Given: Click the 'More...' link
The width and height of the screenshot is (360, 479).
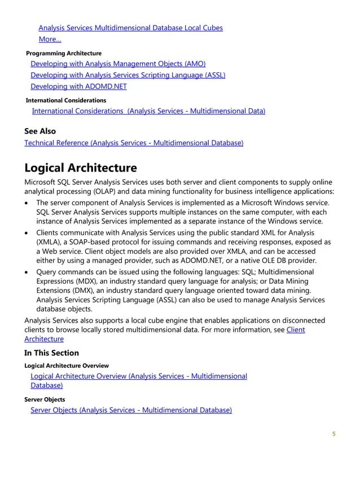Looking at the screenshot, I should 50,39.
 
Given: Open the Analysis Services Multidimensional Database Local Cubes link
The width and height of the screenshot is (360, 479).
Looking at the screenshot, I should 130,28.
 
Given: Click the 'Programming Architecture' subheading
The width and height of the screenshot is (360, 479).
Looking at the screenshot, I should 64,53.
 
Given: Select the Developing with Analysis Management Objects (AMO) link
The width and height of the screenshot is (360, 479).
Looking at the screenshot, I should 118,64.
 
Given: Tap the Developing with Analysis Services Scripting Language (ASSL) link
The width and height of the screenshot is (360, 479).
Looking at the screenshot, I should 128,75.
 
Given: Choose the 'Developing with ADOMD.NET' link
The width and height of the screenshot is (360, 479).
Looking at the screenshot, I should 78,86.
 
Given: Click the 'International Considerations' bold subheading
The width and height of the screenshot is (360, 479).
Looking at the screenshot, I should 66,100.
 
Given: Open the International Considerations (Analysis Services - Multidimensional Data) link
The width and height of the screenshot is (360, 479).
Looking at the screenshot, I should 148,111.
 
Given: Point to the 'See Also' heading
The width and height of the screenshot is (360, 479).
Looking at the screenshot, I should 40,131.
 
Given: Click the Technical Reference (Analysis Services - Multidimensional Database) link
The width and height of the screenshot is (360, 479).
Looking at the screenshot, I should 134,143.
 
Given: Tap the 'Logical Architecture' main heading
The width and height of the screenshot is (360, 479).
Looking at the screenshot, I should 81,168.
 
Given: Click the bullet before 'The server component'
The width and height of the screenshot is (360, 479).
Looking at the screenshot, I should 28,203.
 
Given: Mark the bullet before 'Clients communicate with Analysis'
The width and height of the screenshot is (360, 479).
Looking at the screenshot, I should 28,232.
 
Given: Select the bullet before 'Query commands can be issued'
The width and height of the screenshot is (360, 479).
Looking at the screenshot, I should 28,272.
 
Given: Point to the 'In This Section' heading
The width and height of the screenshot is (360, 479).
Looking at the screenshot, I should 51,353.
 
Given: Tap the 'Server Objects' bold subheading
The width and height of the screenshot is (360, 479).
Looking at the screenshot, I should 45,399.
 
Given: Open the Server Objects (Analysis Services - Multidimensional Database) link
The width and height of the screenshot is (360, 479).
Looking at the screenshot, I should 131,410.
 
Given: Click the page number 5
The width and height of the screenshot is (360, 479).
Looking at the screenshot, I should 334,434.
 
